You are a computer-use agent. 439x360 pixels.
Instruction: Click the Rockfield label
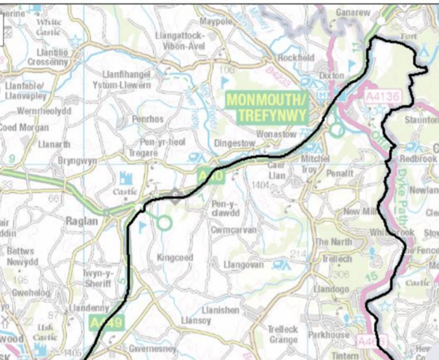293,58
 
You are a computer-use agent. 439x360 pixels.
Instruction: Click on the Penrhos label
150,119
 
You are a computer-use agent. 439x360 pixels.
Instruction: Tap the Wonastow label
274,134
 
